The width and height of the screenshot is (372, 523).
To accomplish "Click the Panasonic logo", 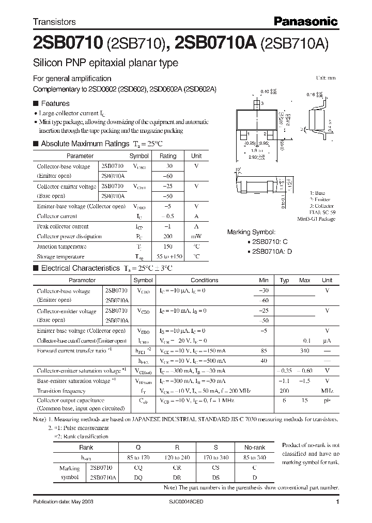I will (x=305, y=21).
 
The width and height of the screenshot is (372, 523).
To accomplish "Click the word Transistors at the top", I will (x=54, y=22).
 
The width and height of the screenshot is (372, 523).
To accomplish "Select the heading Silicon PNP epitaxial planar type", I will (x=105, y=63).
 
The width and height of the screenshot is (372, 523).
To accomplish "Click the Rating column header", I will (x=168, y=156).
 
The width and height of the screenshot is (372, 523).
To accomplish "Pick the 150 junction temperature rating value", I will (x=168, y=247).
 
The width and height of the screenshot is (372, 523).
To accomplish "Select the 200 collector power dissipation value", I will (x=168, y=236).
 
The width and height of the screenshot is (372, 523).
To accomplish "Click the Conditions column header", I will (x=204, y=280).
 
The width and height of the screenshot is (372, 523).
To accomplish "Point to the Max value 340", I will (x=304, y=350).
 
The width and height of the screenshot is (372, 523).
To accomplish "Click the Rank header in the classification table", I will (x=86, y=448).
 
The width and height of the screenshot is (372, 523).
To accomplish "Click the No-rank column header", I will (x=254, y=448).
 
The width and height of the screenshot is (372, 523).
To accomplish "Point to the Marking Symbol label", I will (x=252, y=233).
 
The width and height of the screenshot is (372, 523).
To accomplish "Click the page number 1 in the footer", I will (x=337, y=502).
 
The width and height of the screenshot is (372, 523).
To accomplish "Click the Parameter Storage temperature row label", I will (x=60, y=256).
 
